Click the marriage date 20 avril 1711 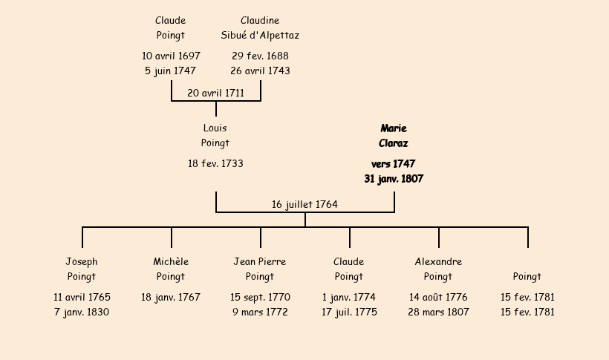[x=215, y=93]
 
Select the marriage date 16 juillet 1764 [x=304, y=204]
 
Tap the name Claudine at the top [x=260, y=21]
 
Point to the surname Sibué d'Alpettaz [x=260, y=35]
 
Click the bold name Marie [x=394, y=128]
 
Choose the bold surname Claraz [x=394, y=143]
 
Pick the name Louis [x=215, y=128]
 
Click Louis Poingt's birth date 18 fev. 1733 [x=215, y=163]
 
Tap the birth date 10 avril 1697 [x=171, y=56]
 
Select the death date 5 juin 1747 [x=171, y=71]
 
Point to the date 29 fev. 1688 [x=260, y=56]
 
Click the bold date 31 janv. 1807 [x=394, y=179]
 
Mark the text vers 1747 [x=394, y=163]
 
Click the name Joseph [x=82, y=262]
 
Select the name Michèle [x=171, y=262]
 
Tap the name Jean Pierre [x=260, y=262]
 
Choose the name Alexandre [x=438, y=262]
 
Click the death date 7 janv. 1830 [x=82, y=312]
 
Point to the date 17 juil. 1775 [x=349, y=312]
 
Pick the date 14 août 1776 [x=438, y=297]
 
